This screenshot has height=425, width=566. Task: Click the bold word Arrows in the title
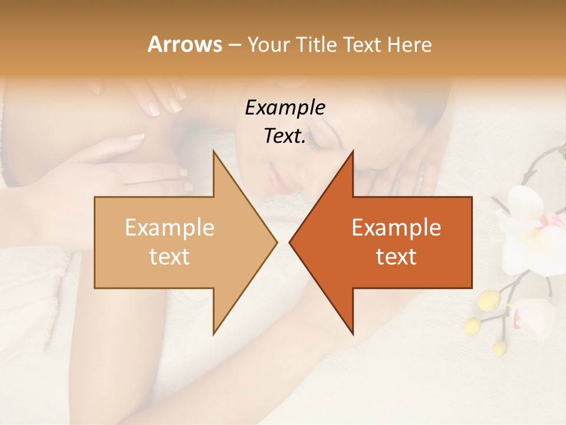(x=185, y=45)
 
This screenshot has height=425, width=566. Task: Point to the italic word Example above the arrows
(x=285, y=107)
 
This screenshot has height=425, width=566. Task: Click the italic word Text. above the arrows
(x=285, y=136)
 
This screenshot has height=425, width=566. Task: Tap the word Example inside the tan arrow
(x=169, y=228)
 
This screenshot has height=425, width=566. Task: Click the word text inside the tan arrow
(x=169, y=256)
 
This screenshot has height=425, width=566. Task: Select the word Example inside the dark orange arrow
(x=396, y=228)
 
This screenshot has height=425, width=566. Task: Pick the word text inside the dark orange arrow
(x=396, y=256)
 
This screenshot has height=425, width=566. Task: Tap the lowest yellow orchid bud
(x=499, y=348)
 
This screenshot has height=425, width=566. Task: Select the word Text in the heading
(x=360, y=45)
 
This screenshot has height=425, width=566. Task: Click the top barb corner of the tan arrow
(x=213, y=151)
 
